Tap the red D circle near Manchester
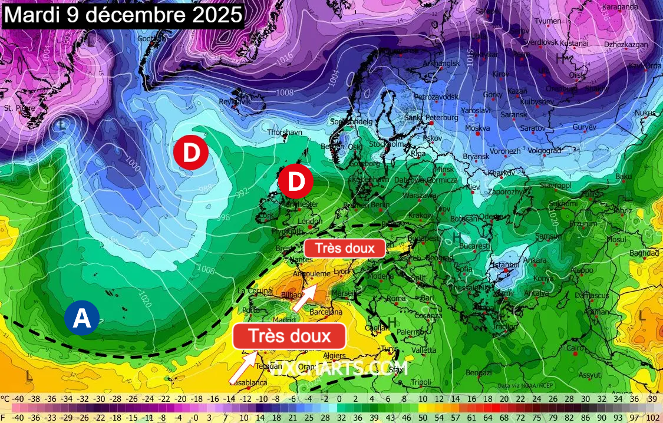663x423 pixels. [296, 181]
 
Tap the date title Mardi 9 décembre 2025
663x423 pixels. [123, 15]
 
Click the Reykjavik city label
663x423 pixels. [235, 101]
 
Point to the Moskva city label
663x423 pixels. [477, 128]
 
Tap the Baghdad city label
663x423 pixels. [644, 253]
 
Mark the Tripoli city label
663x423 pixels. [421, 382]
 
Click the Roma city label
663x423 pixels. [395, 298]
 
